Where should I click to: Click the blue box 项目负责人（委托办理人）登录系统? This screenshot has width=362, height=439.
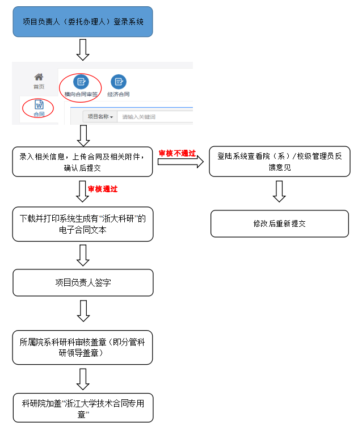click(x=83, y=22)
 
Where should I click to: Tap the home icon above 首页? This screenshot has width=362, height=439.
click(x=39, y=77)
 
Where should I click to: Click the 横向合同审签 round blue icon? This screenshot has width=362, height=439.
click(x=81, y=82)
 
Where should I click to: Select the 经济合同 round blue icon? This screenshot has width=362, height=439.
click(x=119, y=82)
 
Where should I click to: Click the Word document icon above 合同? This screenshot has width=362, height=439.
click(x=39, y=105)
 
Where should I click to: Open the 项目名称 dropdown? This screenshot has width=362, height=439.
click(x=100, y=117)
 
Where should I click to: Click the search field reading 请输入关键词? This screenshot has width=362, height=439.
click(x=153, y=117)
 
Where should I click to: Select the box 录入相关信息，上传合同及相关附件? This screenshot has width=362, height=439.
click(x=83, y=161)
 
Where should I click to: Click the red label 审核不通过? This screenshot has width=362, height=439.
click(x=177, y=153)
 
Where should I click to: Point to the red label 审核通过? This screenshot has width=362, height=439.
click(x=103, y=188)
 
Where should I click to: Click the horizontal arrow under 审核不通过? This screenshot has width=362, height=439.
click(x=180, y=162)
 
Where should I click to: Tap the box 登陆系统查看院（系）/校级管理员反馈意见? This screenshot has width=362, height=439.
click(x=280, y=161)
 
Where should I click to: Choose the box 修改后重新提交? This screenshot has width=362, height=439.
click(x=279, y=223)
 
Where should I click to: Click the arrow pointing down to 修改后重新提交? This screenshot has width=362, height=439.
click(x=279, y=191)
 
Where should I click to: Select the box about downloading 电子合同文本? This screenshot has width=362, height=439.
click(x=83, y=223)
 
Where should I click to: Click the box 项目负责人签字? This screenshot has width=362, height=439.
click(x=83, y=282)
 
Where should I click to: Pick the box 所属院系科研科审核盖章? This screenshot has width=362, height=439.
click(x=83, y=347)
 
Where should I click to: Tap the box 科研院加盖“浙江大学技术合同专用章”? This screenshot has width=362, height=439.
click(x=83, y=408)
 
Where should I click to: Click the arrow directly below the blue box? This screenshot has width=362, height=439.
click(x=83, y=50)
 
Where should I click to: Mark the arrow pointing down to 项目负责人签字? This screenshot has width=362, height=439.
click(x=83, y=255)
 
